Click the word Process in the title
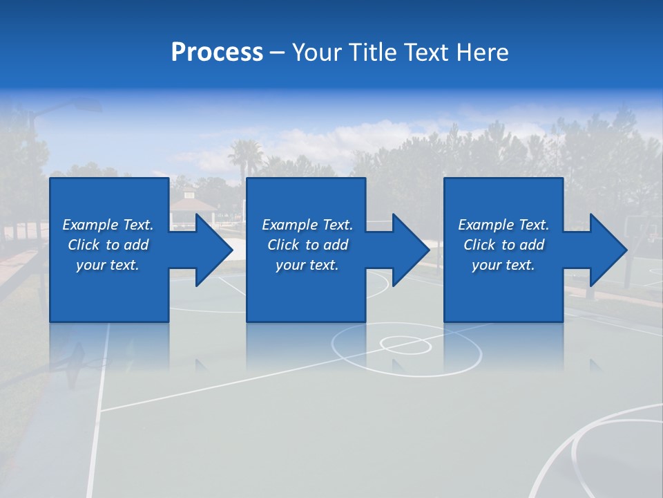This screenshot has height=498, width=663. click(217, 53)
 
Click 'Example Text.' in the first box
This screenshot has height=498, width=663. click(108, 225)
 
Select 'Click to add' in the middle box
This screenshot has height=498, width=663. click(307, 245)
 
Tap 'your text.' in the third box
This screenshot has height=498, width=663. click(503, 265)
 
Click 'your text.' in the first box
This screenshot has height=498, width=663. click(108, 265)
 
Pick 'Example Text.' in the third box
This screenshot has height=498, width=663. click(503, 225)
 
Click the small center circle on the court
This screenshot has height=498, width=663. click(405, 344)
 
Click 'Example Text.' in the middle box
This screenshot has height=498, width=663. click(307, 225)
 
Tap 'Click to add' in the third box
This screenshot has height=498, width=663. click(503, 245)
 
